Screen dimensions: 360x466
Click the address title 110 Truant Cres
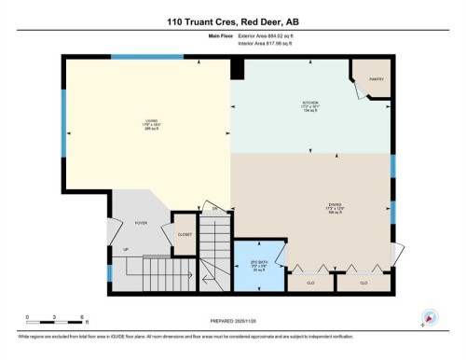[x=232, y=21]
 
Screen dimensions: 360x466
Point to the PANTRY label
[x=376, y=79]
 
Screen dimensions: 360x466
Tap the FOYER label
[x=141, y=223]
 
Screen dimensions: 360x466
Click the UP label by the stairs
[x=126, y=250]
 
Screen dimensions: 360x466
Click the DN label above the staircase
[x=214, y=207]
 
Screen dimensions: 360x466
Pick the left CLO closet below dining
[x=309, y=282]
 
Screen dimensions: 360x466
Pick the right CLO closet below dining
[x=363, y=282]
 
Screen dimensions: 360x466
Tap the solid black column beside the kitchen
[x=238, y=68]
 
